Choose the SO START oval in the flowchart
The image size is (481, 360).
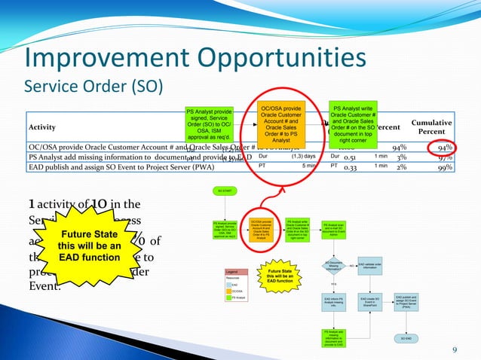[x=224, y=193]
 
